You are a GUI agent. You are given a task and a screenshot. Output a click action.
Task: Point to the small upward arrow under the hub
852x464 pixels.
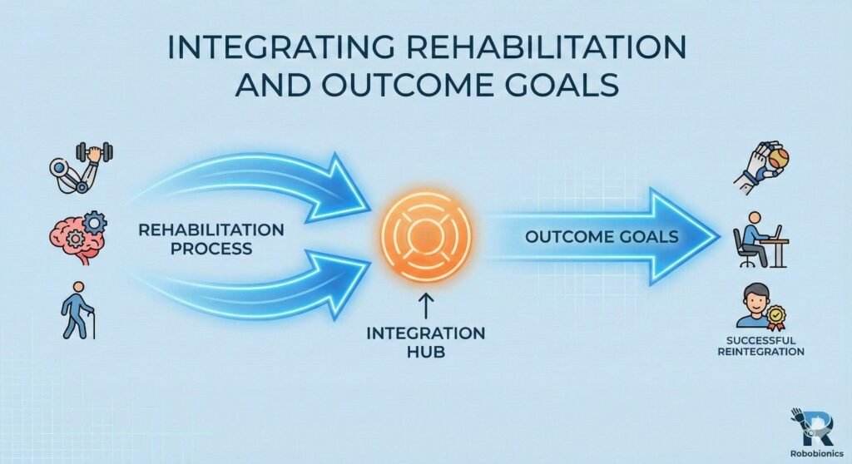[424, 310]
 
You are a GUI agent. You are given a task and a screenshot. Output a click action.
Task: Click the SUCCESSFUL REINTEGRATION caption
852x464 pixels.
[761, 346]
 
